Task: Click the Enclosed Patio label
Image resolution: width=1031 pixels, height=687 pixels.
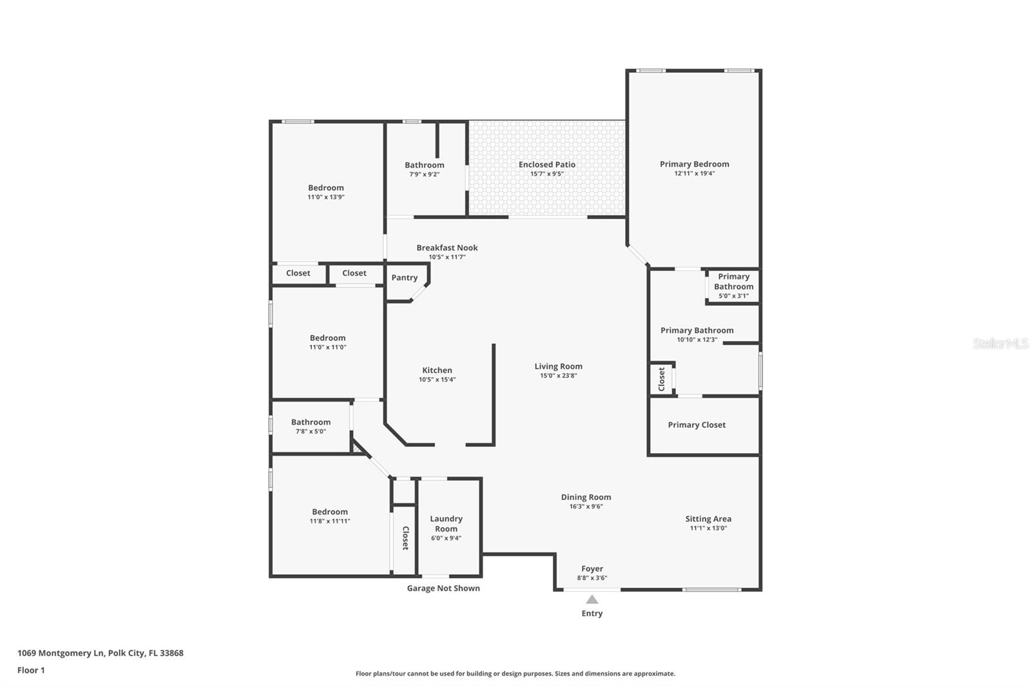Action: (547, 164)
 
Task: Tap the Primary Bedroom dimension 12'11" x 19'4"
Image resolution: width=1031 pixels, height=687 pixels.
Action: (694, 173)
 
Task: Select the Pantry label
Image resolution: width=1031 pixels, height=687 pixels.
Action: (405, 278)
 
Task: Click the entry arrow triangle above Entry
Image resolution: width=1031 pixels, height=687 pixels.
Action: (592, 599)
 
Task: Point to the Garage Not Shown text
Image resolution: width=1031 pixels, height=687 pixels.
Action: (443, 588)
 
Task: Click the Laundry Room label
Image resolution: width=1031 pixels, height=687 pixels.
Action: (446, 523)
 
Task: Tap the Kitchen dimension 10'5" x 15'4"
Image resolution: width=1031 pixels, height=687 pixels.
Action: (437, 380)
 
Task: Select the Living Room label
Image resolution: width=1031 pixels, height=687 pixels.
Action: (558, 366)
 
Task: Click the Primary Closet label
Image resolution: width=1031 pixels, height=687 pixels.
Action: (697, 425)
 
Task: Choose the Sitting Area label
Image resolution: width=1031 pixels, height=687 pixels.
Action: (708, 519)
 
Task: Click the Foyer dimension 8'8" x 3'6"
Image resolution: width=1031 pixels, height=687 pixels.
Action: (592, 578)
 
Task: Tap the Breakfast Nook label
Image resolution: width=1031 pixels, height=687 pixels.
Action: (447, 247)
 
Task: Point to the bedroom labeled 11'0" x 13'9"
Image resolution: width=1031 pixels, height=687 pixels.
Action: (326, 192)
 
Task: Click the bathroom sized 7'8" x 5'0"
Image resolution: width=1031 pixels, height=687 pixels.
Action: (311, 427)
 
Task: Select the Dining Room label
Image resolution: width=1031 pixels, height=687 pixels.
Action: (586, 497)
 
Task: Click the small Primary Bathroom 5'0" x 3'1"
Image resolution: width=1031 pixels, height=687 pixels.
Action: (733, 286)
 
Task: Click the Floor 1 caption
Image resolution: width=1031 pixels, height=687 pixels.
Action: (31, 670)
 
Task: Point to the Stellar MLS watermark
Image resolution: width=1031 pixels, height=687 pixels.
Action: (1000, 343)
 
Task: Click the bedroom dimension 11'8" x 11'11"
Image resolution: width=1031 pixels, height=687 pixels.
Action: (330, 521)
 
